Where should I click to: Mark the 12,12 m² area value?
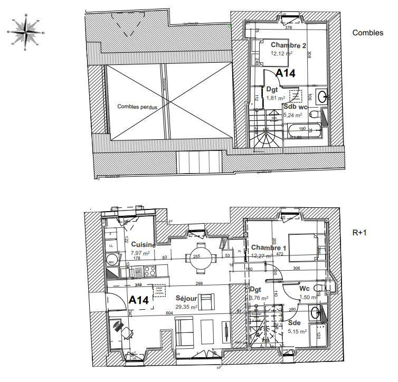coord(281,53)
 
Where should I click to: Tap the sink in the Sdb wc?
coord(321,97)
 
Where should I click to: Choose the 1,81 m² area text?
coord(275,98)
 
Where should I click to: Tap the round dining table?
coord(200,258)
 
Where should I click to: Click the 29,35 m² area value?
coord(186,307)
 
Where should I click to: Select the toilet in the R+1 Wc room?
coord(318,288)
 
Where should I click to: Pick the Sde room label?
coord(295,322)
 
